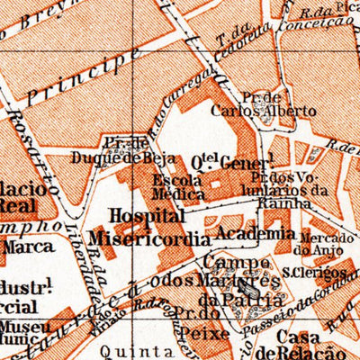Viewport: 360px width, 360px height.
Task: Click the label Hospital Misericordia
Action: pos(149,228)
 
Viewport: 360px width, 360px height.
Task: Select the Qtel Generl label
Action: pos(230,164)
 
